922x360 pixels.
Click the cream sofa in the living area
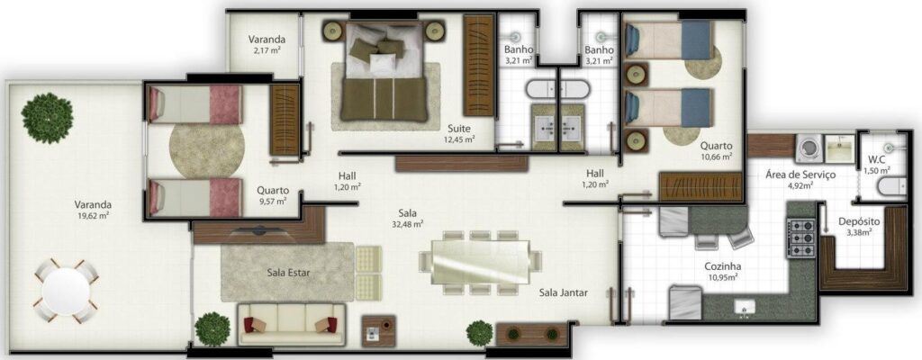click(x=291, y=322)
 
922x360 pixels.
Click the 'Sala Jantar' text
click(x=565, y=292)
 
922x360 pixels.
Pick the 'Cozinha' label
click(x=724, y=267)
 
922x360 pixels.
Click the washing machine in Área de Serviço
click(x=808, y=148)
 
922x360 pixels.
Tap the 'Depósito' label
click(x=859, y=221)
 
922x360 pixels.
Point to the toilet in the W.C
click(x=885, y=186)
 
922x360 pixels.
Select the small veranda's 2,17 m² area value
click(x=268, y=51)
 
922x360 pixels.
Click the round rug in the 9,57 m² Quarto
click(x=206, y=149)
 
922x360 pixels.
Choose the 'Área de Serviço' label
click(x=801, y=175)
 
